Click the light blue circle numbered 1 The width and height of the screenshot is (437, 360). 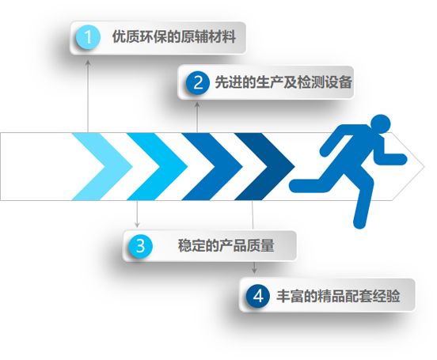tap(88, 37)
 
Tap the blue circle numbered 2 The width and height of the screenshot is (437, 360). tap(198, 82)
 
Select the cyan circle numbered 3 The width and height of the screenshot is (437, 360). tap(141, 246)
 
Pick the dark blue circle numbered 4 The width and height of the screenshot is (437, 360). tap(258, 296)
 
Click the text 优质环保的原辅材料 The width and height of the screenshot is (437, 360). tap(174, 36)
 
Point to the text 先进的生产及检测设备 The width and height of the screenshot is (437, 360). tap(283, 82)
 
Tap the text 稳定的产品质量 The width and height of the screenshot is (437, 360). tap(226, 245)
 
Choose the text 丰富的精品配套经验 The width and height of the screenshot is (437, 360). tap(338, 296)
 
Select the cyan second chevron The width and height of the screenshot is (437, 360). tap(173, 167)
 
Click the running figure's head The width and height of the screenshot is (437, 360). tap(381, 124)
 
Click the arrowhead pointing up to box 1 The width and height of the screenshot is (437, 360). tap(88, 63)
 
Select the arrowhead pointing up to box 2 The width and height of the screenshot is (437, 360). tap(197, 104)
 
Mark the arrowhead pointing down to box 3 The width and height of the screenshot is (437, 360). tap(137, 225)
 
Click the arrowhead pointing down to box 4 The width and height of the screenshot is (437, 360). tap(254, 270)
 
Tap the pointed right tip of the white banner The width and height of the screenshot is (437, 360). tap(424, 167)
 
